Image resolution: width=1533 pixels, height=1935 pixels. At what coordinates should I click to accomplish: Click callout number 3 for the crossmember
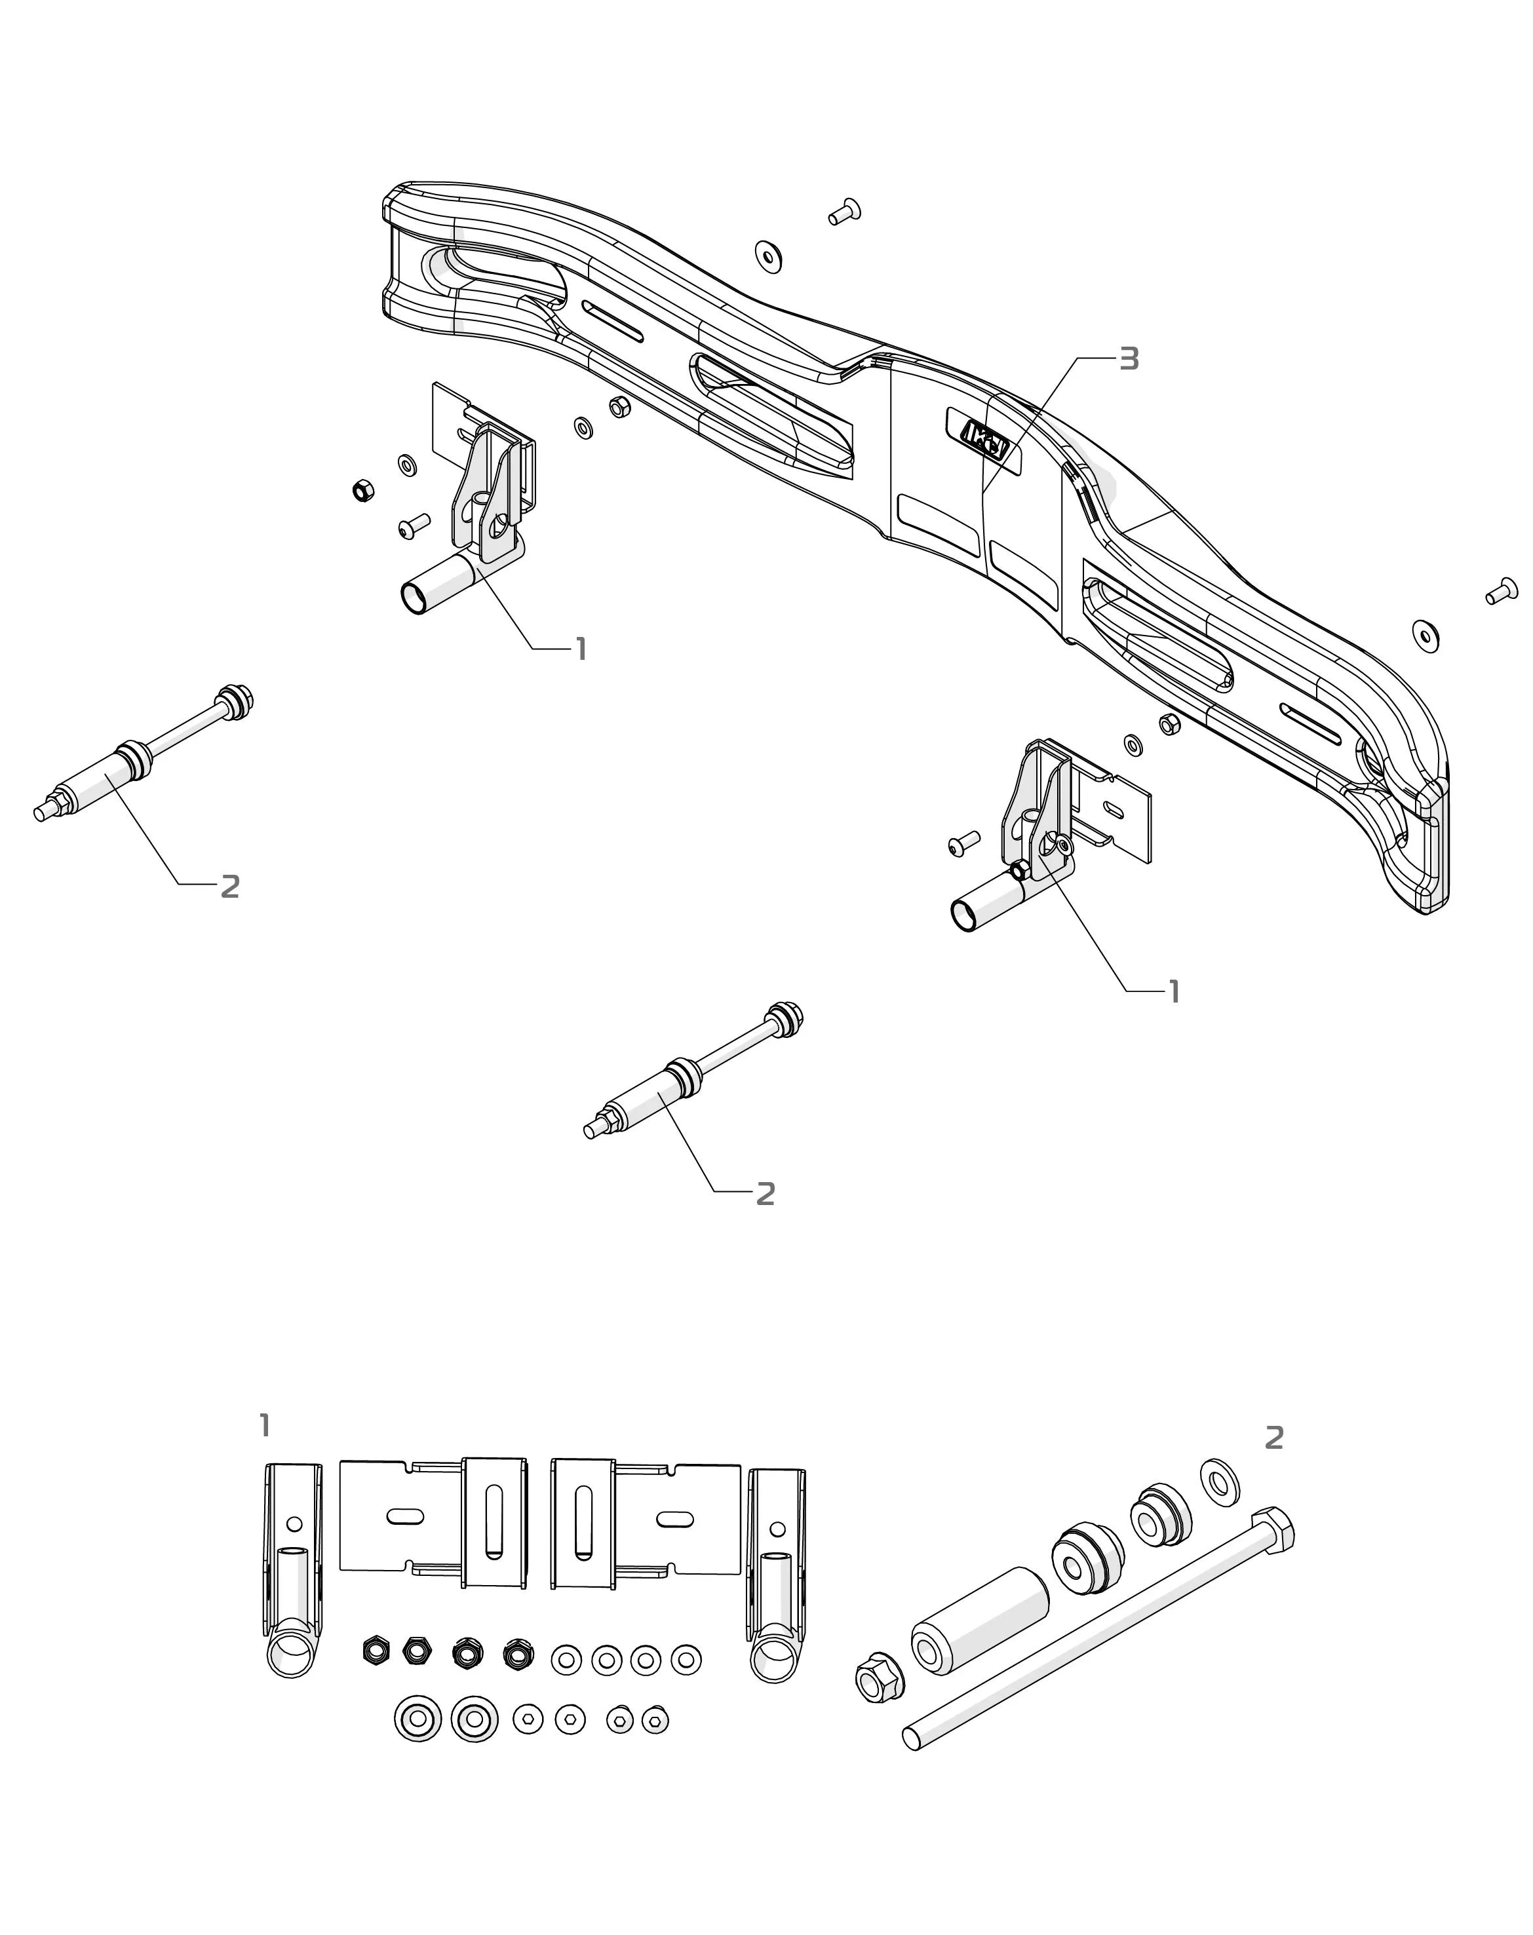tap(1129, 359)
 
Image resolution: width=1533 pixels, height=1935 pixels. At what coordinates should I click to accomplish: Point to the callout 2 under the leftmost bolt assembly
tap(230, 887)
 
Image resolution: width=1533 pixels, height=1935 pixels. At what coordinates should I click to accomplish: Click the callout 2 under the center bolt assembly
tap(765, 1194)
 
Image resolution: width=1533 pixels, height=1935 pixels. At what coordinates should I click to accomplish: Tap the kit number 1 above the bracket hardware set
tap(265, 1425)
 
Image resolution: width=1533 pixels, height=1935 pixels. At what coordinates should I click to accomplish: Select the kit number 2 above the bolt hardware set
tap(1273, 1438)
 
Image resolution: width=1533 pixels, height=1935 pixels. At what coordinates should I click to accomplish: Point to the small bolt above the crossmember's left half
tap(844, 212)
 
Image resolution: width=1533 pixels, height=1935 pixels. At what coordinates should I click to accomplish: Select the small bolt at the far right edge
tap(1502, 592)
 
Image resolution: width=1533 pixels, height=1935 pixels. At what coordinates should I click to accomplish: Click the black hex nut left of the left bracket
tap(364, 490)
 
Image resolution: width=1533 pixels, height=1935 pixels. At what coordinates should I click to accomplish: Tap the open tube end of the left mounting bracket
tap(416, 598)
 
